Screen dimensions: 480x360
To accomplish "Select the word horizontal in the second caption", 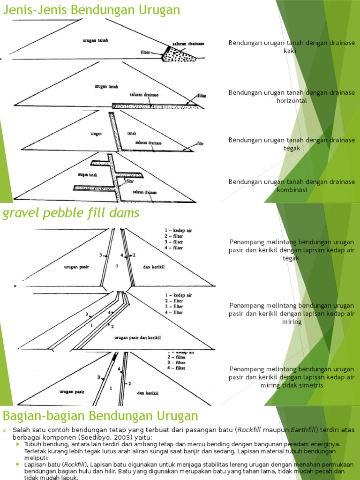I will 291,101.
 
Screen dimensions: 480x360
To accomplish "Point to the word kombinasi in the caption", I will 291,190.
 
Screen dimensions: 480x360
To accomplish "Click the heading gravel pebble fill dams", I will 71,214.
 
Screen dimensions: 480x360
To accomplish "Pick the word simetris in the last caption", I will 308,385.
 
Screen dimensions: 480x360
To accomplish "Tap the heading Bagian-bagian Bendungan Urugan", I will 101,416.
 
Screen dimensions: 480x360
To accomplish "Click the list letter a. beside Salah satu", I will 5,430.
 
